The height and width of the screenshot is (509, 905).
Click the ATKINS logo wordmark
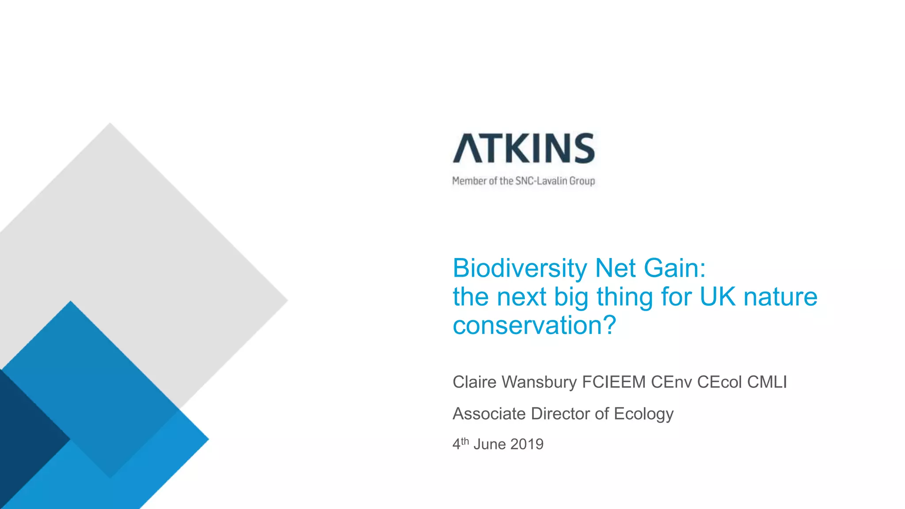(x=524, y=148)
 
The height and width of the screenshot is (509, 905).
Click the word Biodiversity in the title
(x=520, y=269)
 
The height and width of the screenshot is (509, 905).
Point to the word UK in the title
(x=718, y=296)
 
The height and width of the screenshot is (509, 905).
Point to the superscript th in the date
(x=465, y=441)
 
